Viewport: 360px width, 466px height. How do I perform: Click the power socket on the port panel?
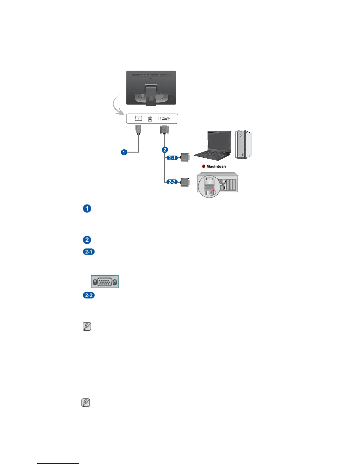[138, 119]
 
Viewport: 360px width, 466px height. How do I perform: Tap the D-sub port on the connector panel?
[164, 119]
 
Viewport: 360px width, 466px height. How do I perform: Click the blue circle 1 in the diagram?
[124, 152]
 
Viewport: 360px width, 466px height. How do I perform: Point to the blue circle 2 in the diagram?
[165, 150]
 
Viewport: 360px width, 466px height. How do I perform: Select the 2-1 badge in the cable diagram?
[172, 158]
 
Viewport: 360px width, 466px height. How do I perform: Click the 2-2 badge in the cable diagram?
[172, 182]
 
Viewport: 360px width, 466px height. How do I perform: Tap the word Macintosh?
[216, 166]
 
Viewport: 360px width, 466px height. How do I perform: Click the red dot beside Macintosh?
[204, 166]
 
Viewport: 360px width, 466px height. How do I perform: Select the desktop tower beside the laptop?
[244, 144]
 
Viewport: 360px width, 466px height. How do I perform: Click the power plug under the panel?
[138, 129]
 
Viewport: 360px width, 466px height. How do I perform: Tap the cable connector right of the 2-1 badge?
[185, 157]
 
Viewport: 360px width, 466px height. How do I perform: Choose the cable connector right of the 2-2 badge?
[185, 182]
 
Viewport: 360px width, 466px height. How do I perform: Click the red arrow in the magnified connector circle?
[214, 192]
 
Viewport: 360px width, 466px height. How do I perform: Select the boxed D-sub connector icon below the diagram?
[105, 282]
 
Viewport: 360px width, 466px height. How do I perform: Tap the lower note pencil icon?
[86, 403]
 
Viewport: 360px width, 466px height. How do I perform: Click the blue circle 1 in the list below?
[87, 209]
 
